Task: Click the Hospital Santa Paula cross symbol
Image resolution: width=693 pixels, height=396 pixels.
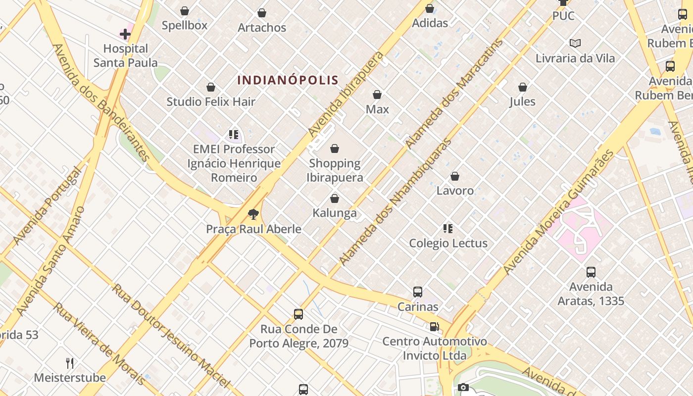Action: point(125,34)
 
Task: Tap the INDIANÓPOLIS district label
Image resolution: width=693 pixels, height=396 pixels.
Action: point(288,80)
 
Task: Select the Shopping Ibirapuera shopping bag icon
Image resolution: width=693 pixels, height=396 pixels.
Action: point(335,148)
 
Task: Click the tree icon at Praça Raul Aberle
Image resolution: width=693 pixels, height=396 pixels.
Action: point(253,214)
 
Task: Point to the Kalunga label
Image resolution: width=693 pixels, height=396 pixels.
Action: point(335,213)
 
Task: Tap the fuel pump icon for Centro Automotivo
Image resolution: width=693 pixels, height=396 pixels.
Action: point(434,327)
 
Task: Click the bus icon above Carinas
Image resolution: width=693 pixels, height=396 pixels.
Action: point(418,292)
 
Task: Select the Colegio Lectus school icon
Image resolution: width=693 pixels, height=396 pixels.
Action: point(448,229)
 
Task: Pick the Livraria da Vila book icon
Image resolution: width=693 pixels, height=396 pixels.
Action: point(575,44)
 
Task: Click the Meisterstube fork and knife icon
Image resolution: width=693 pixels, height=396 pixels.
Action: point(70,363)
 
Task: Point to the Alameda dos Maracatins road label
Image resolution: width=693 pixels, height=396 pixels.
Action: point(454,94)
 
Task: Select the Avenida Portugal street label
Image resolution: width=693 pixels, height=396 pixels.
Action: point(48,205)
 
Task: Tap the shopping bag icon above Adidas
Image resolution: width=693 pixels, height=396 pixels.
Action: point(430,8)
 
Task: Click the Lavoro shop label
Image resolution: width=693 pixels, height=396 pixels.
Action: point(455,191)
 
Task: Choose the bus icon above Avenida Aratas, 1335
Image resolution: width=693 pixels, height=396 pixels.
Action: point(591,272)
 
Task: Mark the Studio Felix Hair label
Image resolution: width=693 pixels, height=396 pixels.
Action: point(211,102)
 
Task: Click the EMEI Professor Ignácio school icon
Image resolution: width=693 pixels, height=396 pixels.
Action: point(234,135)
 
